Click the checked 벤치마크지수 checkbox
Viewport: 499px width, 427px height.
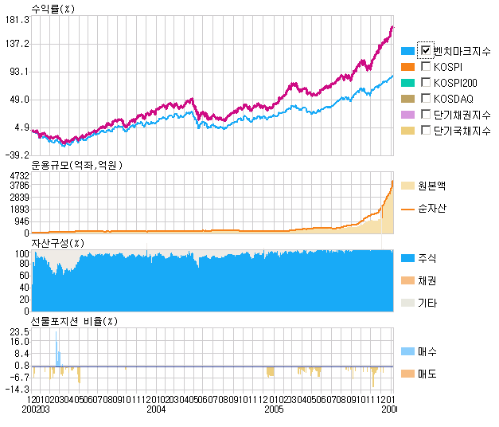click(426, 50)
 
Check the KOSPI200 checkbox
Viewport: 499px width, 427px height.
click(426, 82)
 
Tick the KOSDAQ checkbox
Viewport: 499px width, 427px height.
click(426, 98)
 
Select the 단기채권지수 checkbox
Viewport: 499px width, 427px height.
click(426, 114)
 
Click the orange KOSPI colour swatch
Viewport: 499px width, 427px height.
click(408, 67)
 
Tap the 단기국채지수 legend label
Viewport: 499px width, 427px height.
click(462, 131)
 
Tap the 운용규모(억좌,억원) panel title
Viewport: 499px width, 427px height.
click(79, 165)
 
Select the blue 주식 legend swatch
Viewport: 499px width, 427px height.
click(408, 259)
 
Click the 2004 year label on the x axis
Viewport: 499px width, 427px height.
click(156, 409)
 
